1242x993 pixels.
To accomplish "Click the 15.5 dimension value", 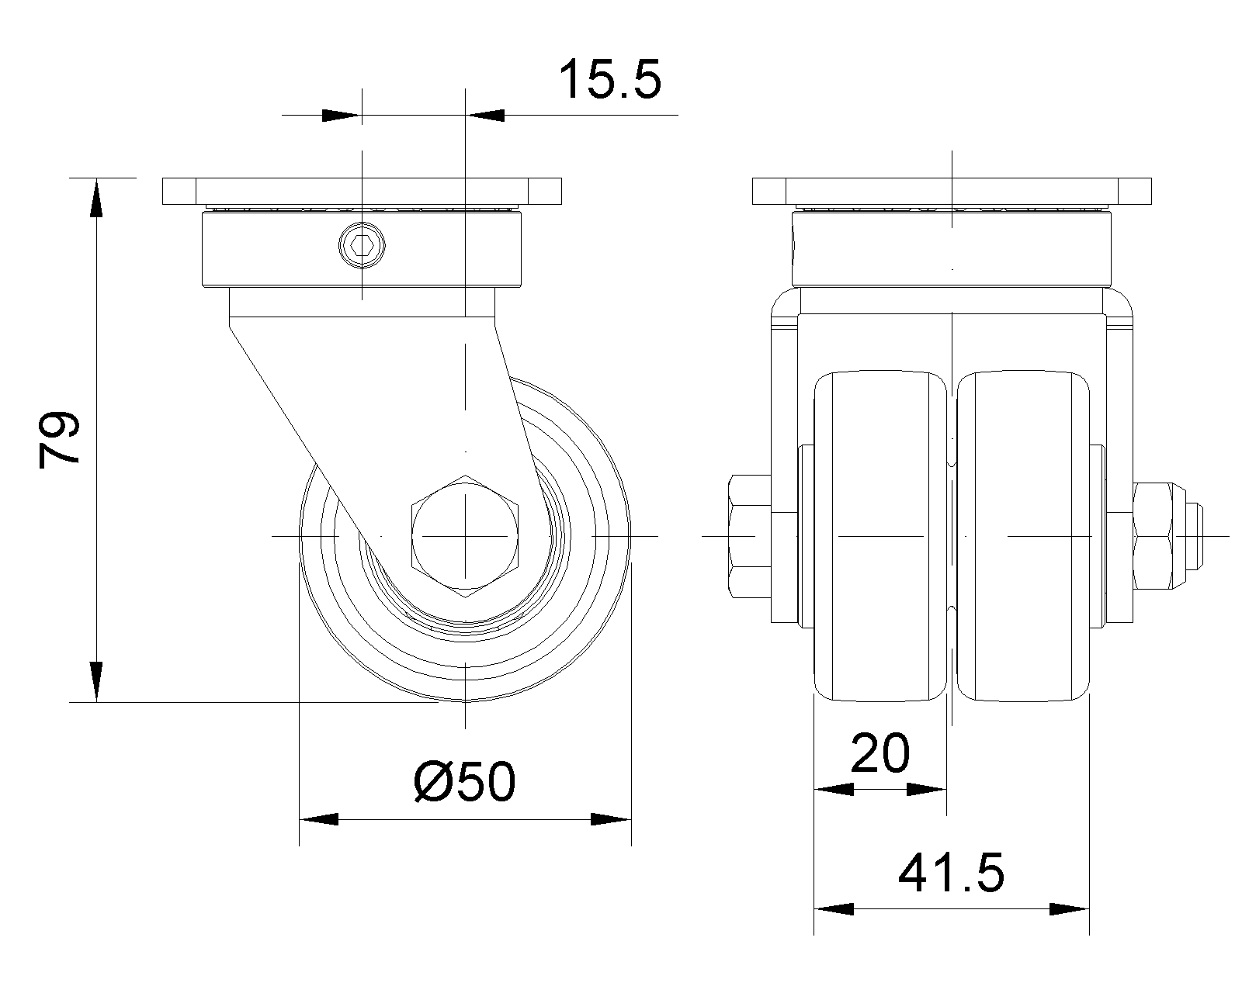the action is click(610, 79).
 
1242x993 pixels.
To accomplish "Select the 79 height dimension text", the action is click(59, 440).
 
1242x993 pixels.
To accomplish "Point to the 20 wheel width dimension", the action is click(880, 753).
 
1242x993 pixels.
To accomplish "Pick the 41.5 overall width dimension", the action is click(951, 873).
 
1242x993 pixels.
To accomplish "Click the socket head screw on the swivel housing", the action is click(362, 246).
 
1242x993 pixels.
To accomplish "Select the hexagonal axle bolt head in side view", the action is click(465, 536).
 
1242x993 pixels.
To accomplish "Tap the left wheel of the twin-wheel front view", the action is click(880, 537).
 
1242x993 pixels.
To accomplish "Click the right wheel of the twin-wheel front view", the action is click(1023, 537).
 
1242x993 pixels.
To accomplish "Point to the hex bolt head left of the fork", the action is click(750, 536).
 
